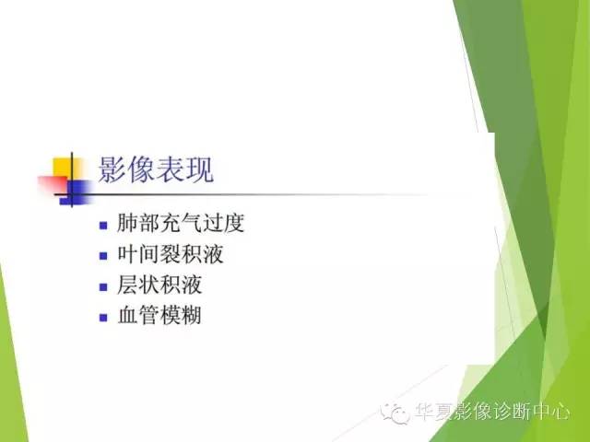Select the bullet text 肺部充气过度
click(x=182, y=223)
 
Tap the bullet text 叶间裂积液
click(x=171, y=254)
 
